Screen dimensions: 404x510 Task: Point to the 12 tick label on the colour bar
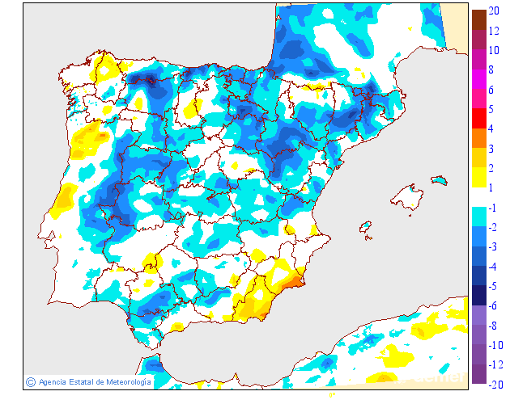(x=494, y=30)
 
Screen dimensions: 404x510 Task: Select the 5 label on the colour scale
(x=491, y=109)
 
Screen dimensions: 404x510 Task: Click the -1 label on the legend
(x=492, y=208)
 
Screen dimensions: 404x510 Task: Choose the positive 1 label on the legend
(x=491, y=187)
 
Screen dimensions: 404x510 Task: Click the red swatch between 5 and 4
(x=478, y=119)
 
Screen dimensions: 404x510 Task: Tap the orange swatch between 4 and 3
(x=478, y=138)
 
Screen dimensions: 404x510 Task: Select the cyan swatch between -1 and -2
(x=478, y=217)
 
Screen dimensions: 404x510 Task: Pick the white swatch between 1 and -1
(x=478, y=197)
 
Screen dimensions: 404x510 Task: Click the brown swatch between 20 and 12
(x=478, y=19)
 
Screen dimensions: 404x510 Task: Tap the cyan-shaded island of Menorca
(x=438, y=179)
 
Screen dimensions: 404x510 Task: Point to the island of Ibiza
(x=366, y=226)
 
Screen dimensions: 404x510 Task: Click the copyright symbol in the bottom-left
(x=31, y=382)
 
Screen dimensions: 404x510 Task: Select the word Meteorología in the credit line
(x=123, y=382)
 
